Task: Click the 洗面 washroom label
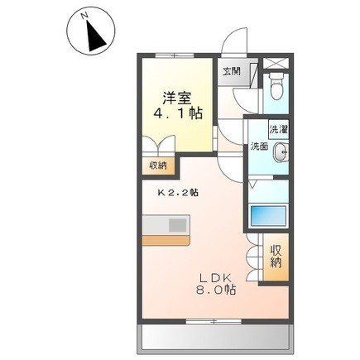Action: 259,147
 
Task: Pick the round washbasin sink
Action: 280,151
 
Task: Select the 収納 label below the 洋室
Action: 158,166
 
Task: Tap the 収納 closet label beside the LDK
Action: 276,257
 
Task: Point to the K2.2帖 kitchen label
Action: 178,193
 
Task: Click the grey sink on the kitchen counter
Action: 179,224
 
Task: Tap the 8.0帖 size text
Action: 216,290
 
